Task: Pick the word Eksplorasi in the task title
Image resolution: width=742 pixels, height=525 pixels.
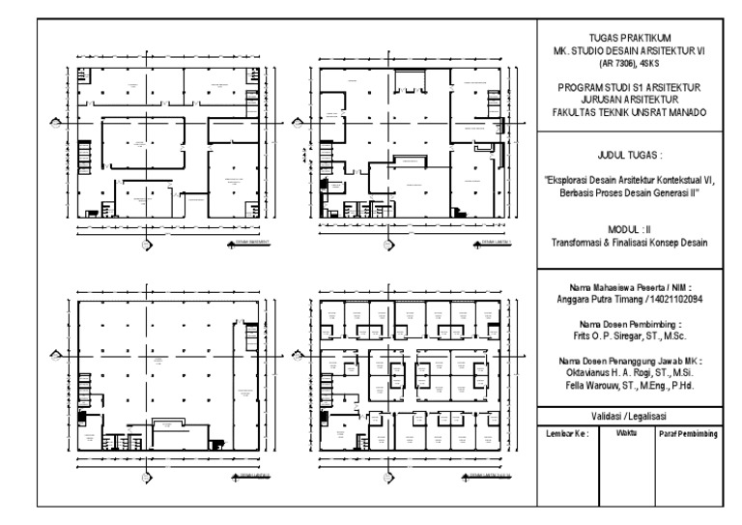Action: pyautogui.click(x=577, y=182)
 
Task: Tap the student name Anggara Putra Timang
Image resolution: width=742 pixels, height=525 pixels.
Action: pyautogui.click(x=600, y=301)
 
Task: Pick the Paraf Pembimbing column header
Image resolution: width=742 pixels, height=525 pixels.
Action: pyautogui.click(x=688, y=435)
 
